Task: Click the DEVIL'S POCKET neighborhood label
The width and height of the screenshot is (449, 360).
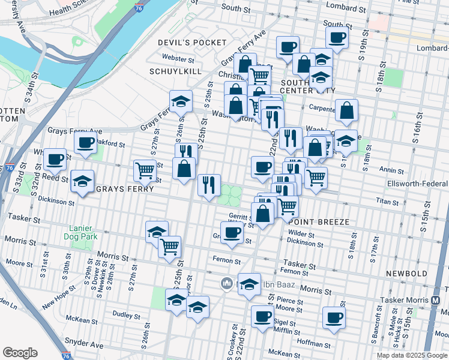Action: (184, 42)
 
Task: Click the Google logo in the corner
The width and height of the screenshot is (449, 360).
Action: (20, 353)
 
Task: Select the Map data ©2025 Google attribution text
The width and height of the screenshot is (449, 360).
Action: (412, 355)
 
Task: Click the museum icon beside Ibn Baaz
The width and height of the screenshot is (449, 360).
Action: (226, 283)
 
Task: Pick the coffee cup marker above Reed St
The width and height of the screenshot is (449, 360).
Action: (55, 160)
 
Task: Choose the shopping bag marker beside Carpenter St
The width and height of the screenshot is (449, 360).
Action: (346, 110)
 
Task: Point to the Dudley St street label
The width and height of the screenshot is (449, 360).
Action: (126, 315)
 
